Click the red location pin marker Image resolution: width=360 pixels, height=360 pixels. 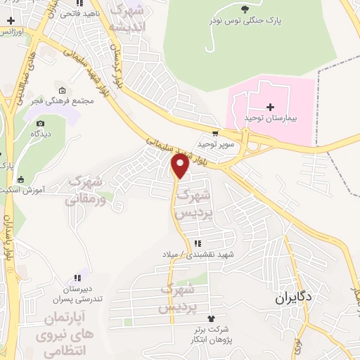click(x=180, y=167)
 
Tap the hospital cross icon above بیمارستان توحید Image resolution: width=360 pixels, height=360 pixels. click(x=250, y=107)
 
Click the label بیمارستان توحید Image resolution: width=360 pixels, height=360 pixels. click(x=268, y=118)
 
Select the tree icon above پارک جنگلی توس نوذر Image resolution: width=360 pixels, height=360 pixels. click(x=244, y=9)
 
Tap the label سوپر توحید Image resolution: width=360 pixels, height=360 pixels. click(x=214, y=144)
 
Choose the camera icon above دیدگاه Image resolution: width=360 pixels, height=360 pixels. click(x=34, y=122)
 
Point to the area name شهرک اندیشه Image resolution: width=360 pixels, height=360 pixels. click(x=131, y=18)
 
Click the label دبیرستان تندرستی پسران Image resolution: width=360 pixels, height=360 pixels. click(x=79, y=294)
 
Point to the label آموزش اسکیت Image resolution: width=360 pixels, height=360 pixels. click(x=39, y=190)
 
